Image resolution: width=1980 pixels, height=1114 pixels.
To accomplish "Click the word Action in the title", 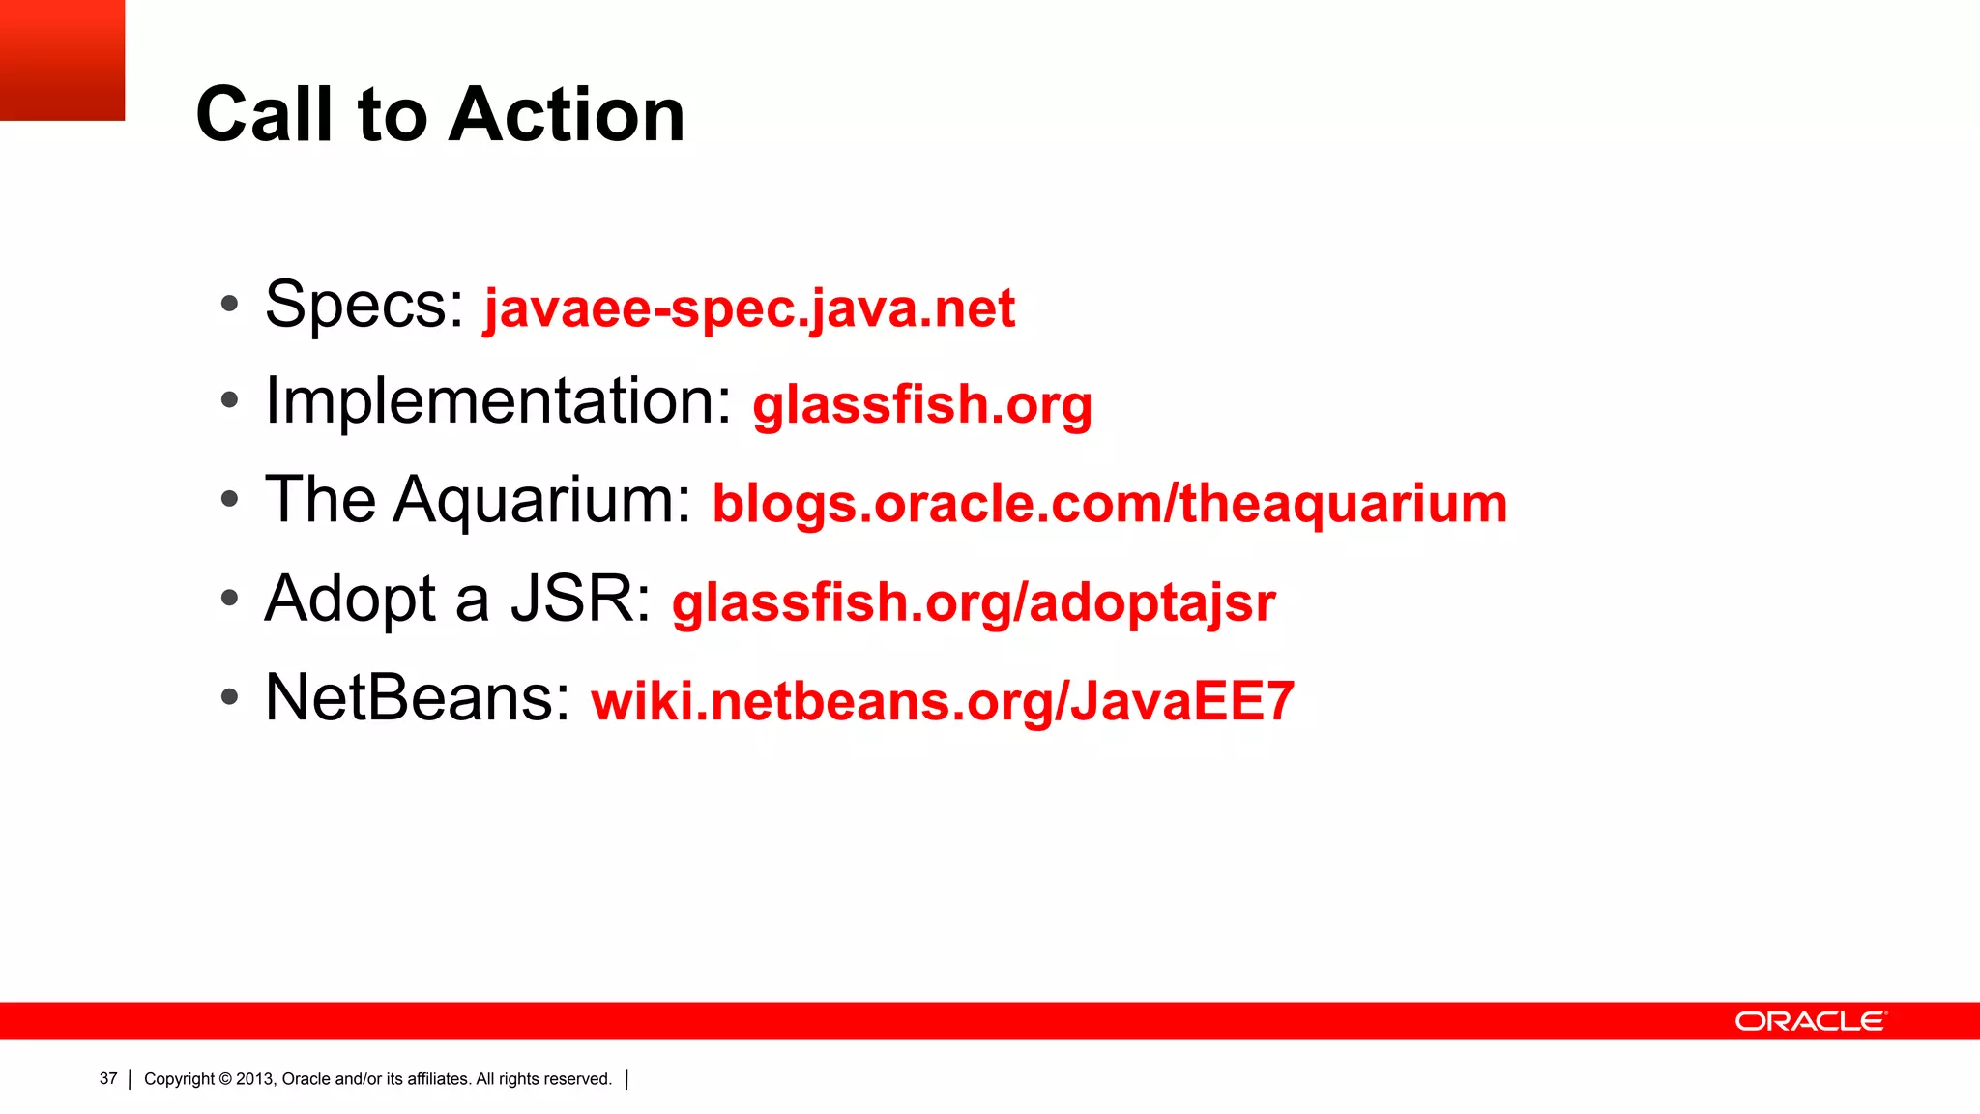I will pyautogui.click(x=567, y=115).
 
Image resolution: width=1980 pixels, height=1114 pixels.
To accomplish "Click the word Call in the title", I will pyautogui.click(x=265, y=115).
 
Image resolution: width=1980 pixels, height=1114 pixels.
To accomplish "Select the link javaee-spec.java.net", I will pyautogui.click(x=749, y=308).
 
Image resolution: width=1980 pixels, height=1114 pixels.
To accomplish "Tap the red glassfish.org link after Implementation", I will pyautogui.click(x=922, y=404).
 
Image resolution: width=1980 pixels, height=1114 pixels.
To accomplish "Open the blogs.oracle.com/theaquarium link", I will pyautogui.click(x=1109, y=504).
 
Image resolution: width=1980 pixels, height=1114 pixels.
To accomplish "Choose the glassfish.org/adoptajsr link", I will pyautogui.click(x=974, y=602).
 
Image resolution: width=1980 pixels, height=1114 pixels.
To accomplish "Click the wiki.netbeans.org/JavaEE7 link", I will pyautogui.click(x=943, y=701).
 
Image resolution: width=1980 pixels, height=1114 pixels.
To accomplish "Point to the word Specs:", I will pyautogui.click(x=364, y=306).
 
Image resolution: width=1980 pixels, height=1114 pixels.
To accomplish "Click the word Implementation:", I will pyautogui.click(x=499, y=401).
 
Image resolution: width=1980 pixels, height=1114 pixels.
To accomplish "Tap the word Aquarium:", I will pyautogui.click(x=542, y=501).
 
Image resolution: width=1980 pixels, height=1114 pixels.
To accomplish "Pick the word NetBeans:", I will pyautogui.click(x=418, y=697).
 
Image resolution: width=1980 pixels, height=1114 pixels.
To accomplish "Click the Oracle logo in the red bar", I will pyautogui.click(x=1810, y=1021).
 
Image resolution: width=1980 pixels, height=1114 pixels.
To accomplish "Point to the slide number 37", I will pyautogui.click(x=108, y=1079).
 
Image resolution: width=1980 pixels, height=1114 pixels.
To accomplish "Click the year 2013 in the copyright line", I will pyautogui.click(x=255, y=1079).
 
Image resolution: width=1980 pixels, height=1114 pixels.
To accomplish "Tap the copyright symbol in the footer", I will pyautogui.click(x=225, y=1079).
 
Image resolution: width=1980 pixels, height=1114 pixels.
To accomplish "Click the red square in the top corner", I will pyautogui.click(x=62, y=60).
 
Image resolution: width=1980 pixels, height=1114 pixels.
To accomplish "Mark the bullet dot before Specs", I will pyautogui.click(x=229, y=305).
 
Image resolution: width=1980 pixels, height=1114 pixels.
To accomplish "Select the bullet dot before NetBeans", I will pyautogui.click(x=229, y=696).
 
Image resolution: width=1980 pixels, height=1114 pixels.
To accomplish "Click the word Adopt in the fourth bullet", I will pyautogui.click(x=350, y=599).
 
